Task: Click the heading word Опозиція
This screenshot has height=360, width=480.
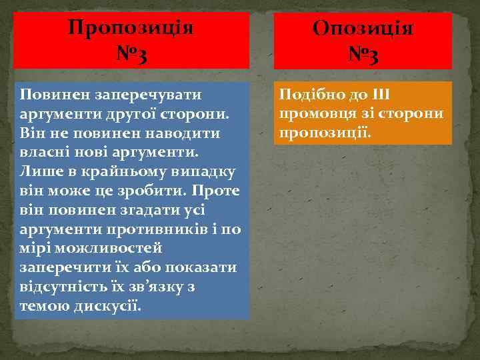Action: click(363, 29)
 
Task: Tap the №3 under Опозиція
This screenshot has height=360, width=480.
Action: click(363, 54)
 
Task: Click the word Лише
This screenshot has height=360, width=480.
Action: click(38, 171)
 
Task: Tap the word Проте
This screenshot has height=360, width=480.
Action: click(215, 191)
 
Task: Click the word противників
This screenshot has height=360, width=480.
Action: click(166, 230)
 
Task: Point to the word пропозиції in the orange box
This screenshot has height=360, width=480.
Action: click(324, 133)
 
